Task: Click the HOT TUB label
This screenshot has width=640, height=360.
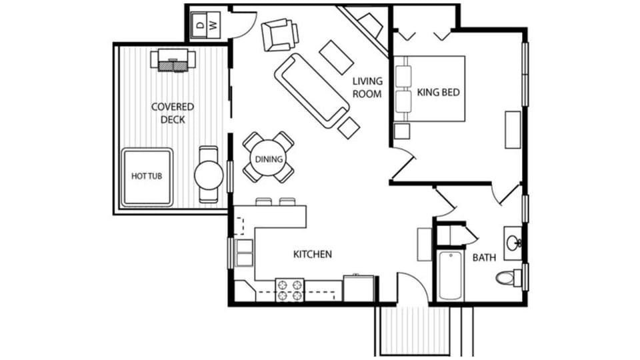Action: coord(147,176)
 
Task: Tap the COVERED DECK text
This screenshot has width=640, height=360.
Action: coord(173,113)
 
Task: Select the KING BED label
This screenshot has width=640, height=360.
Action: coord(439,93)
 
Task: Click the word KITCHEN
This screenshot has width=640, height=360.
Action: coord(313,254)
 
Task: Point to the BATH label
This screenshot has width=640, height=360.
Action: coord(484,257)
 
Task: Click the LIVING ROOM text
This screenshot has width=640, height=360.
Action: coord(367,87)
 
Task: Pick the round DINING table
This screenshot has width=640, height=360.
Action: coord(269,159)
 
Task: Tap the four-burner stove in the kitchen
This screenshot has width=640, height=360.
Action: coord(290,290)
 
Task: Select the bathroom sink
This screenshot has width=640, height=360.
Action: coord(514,243)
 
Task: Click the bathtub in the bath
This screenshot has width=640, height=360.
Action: coord(451,275)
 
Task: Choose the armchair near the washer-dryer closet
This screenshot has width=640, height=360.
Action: coord(279,35)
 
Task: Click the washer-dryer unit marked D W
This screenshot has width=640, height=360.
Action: coord(205,25)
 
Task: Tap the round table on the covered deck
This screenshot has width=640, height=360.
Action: coord(209,175)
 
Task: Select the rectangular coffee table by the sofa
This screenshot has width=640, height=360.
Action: coord(336,57)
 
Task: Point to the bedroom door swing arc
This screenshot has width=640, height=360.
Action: coord(404,165)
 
